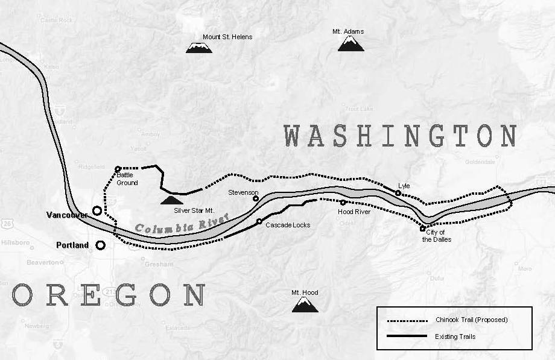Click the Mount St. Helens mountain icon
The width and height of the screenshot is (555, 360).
198,47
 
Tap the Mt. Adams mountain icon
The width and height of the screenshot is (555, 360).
350,43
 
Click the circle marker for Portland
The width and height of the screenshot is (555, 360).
100,245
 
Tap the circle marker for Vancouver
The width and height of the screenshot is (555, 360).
97,210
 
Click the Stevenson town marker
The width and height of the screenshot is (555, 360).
255,198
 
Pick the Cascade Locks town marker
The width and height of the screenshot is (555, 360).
259,221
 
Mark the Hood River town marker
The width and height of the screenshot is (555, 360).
343,203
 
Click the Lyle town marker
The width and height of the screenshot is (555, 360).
398,193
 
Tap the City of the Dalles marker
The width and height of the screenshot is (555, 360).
422,229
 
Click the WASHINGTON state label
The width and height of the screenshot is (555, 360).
401,136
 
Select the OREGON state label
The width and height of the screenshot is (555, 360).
109,296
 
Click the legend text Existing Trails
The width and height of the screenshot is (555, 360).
455,336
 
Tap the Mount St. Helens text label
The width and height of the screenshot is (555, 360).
227,37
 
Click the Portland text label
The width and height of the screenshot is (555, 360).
72,245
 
